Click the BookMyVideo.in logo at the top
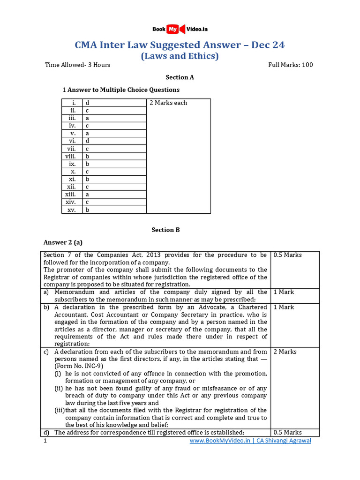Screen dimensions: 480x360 click(x=180, y=29)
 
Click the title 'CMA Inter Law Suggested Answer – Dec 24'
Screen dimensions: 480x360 click(x=180, y=45)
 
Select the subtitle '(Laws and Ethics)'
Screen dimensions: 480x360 click(x=180, y=56)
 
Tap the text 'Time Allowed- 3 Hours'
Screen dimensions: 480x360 click(x=77, y=65)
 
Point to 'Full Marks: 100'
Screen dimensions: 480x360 click(x=290, y=65)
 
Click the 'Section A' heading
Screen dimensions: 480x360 click(x=180, y=77)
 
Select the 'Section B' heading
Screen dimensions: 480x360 click(x=165, y=230)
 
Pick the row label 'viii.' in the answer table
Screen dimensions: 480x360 click(x=71, y=157)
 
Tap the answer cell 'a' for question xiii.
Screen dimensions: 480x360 click(x=87, y=195)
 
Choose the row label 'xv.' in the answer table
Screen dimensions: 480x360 click(x=72, y=210)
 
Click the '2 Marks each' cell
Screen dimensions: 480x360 click(x=168, y=103)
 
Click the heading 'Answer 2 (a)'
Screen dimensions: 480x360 click(x=63, y=242)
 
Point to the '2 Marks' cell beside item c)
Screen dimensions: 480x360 click(x=285, y=352)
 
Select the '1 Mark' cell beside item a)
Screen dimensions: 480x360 click(x=284, y=292)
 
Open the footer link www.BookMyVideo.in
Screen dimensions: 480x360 click(x=220, y=441)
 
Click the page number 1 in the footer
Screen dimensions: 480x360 click(x=45, y=441)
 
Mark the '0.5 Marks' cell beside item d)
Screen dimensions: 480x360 click(x=287, y=433)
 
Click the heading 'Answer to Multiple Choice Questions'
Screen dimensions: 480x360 click(x=124, y=90)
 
